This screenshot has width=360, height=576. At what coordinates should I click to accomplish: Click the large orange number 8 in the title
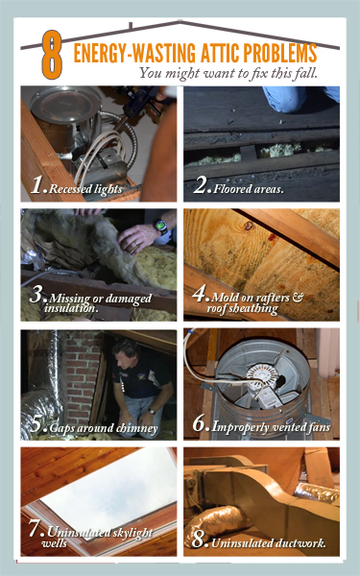pyautogui.click(x=52, y=55)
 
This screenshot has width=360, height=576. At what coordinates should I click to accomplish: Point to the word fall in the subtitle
pyautogui.click(x=306, y=73)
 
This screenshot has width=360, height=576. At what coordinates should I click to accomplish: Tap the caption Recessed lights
pyautogui.click(x=85, y=189)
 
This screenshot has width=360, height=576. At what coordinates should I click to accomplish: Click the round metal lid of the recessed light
pyautogui.click(x=65, y=100)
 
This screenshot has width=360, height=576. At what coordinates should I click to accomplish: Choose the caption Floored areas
pyautogui.click(x=249, y=189)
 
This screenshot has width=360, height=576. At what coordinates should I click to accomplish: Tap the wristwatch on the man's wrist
pyautogui.click(x=160, y=226)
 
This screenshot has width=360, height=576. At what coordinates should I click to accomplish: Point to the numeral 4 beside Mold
pyautogui.click(x=199, y=295)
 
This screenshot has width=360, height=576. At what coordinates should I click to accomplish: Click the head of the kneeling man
pyautogui.click(x=127, y=350)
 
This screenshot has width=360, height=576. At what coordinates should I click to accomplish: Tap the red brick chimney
pyautogui.click(x=84, y=374)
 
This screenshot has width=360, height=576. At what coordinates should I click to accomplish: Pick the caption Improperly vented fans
pyautogui.click(x=271, y=427)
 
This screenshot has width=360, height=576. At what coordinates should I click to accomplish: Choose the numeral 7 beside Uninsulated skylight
pyautogui.click(x=35, y=528)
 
